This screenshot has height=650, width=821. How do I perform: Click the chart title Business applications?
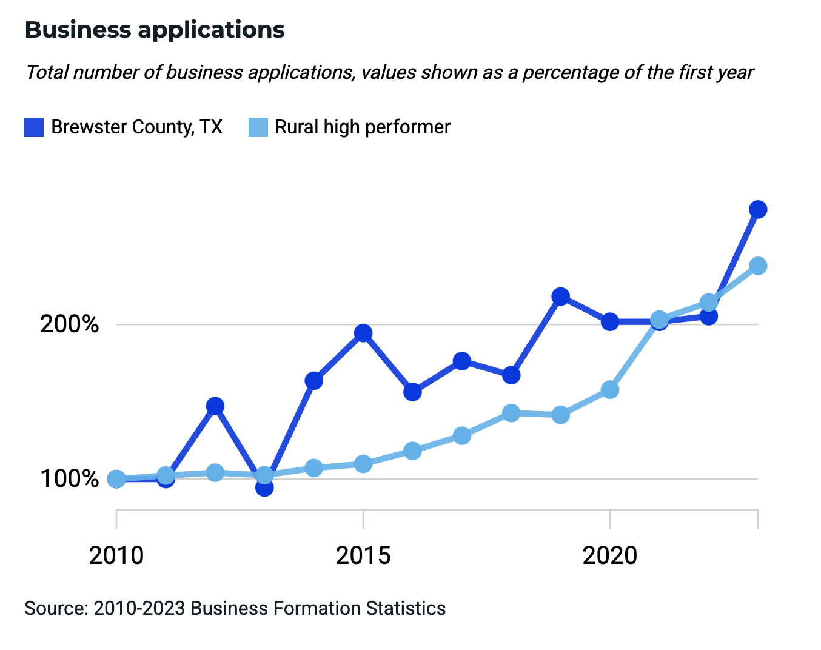click(x=155, y=30)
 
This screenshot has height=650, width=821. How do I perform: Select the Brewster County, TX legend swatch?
click(x=34, y=127)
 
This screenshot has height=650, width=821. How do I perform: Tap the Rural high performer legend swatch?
click(x=258, y=127)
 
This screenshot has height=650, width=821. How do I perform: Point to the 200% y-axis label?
click(x=69, y=324)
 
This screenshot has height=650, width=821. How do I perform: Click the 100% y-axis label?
click(x=69, y=479)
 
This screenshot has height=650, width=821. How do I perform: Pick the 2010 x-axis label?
click(x=116, y=555)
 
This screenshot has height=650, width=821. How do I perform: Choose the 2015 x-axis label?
click(x=363, y=555)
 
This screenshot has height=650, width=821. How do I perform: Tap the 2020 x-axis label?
click(x=610, y=555)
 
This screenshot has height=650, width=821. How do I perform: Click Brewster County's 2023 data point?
click(x=758, y=210)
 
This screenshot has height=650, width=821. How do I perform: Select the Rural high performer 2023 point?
click(x=758, y=266)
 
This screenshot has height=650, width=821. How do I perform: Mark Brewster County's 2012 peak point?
click(x=215, y=406)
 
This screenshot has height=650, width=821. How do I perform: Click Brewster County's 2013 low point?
click(x=264, y=487)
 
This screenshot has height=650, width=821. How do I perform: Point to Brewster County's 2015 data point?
click(x=363, y=333)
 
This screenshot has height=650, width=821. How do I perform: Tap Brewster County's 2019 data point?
click(x=561, y=297)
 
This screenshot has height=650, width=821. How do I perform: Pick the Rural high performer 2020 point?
click(x=610, y=389)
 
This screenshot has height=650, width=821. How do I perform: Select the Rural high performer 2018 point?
click(x=511, y=413)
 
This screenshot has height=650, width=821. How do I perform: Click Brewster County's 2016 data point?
click(x=412, y=392)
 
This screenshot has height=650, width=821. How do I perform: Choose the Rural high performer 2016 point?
click(x=412, y=451)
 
